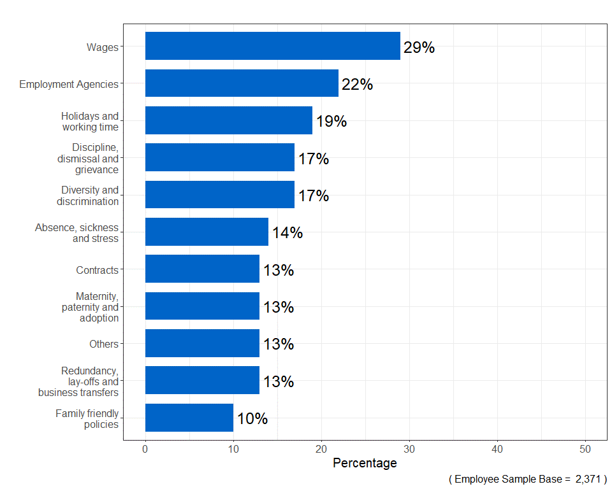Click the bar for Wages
273,46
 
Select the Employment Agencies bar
242,83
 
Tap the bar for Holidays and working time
229,120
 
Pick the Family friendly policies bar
189,418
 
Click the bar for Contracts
202,269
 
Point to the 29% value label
419,47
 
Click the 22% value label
357,84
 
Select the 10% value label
252,419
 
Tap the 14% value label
287,233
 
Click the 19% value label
331,121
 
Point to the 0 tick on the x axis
145,450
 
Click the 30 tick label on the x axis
409,450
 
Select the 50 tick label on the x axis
585,450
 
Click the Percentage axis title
365,464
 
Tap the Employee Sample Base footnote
527,479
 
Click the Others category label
104,344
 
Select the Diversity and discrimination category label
87,195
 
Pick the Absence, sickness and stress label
77,232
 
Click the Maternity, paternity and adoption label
90,307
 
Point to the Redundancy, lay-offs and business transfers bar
202,381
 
